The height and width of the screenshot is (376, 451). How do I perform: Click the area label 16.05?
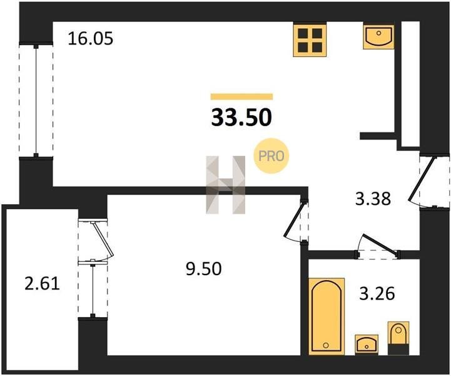[91, 39]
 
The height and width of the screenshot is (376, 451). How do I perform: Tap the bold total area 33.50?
[241, 118]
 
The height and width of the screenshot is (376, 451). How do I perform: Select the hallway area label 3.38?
[373, 199]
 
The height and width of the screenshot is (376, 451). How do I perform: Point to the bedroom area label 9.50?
[204, 269]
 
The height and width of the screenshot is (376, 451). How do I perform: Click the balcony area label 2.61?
[43, 284]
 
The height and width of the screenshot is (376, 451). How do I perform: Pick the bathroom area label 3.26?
[377, 294]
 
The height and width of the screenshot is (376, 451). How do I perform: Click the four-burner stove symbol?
[310, 40]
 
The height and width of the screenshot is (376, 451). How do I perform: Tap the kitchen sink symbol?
[378, 37]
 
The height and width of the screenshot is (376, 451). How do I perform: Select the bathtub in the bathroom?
[327, 316]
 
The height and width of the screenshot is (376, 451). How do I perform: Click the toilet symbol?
[398, 338]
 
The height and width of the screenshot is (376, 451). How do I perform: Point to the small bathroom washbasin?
[367, 344]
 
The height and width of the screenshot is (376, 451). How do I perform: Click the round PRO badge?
[271, 156]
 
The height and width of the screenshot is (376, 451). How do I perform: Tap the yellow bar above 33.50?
[241, 97]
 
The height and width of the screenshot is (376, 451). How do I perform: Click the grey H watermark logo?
[225, 185]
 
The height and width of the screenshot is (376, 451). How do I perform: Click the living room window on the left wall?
[36, 100]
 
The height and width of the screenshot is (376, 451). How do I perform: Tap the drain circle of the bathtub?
[326, 345]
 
